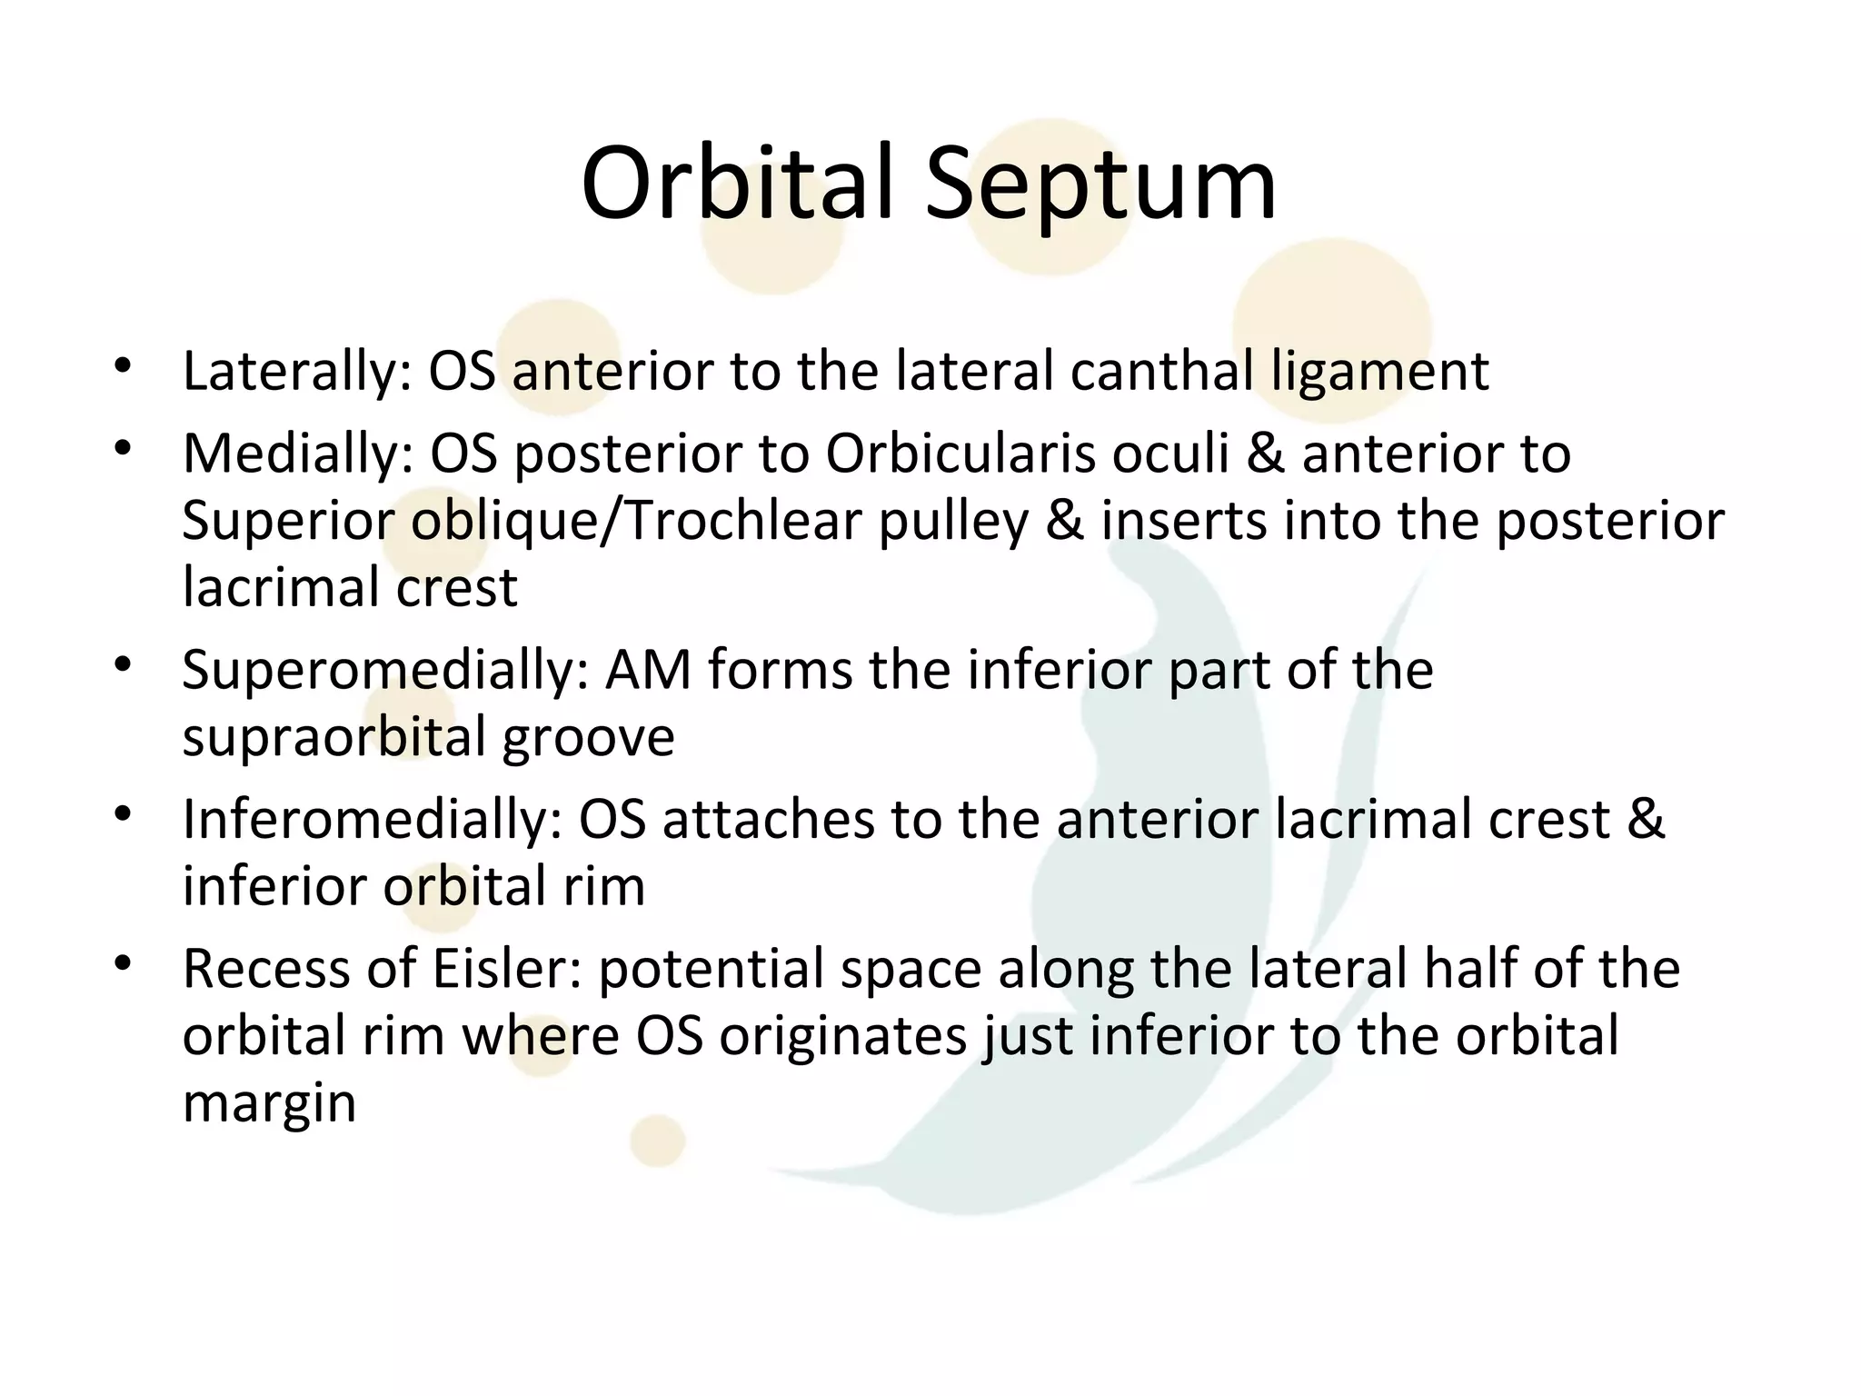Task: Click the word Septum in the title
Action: pyautogui.click(x=1100, y=186)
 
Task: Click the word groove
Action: pyautogui.click(x=588, y=738)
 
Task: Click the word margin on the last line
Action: pyautogui.click(x=269, y=1103)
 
